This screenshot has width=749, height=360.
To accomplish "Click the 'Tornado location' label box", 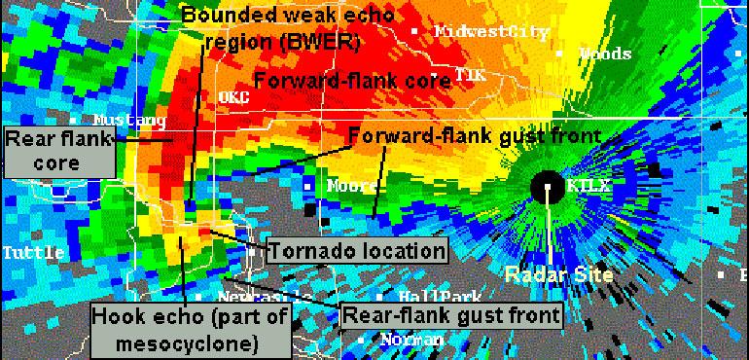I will [x=357, y=251].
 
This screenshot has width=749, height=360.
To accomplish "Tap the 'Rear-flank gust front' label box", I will [x=450, y=314].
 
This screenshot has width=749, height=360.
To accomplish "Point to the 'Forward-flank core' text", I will [x=353, y=81].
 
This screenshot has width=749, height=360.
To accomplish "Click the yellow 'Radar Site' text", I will [x=558, y=274].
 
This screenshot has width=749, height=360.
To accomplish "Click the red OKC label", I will [x=234, y=97].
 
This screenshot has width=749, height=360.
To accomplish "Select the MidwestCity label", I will [x=491, y=31].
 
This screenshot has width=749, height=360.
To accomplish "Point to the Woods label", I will [x=605, y=54].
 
